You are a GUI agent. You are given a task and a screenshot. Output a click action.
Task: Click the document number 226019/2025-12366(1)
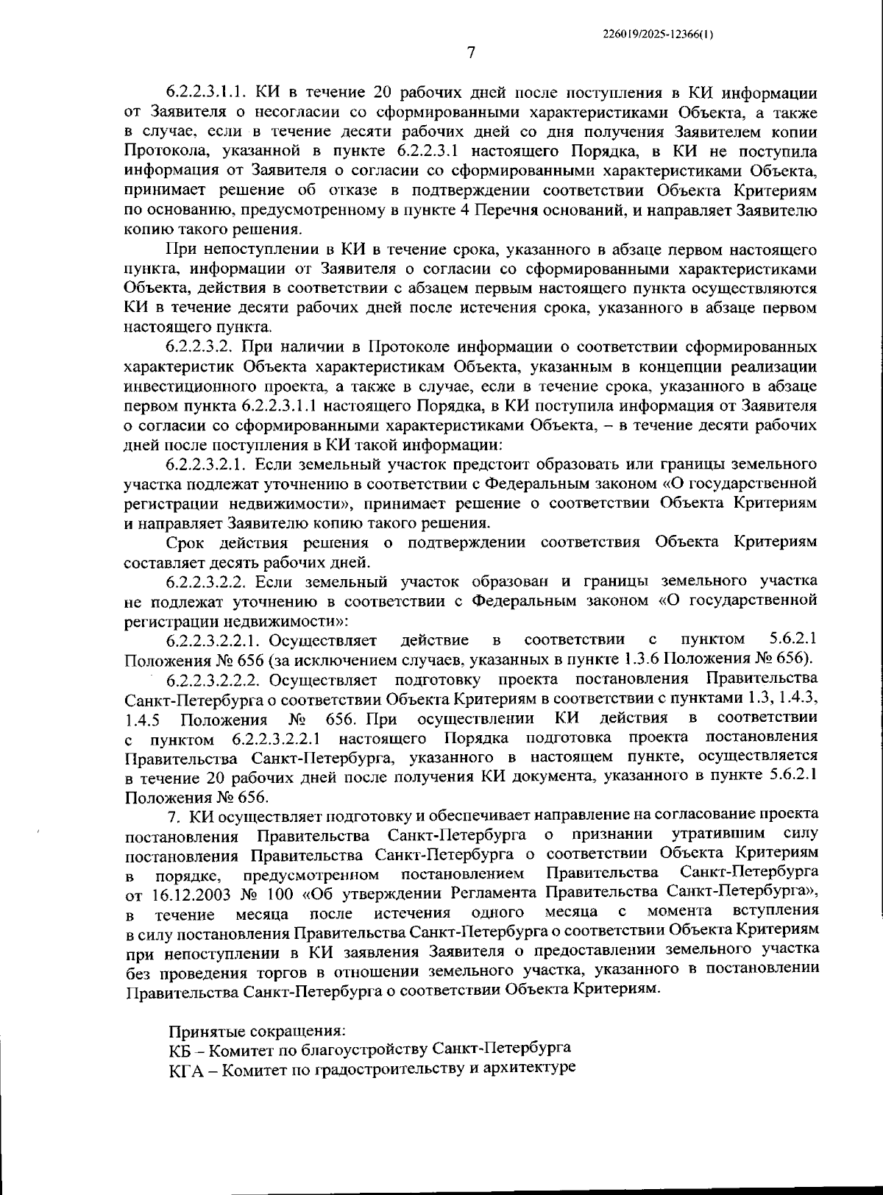[657, 34]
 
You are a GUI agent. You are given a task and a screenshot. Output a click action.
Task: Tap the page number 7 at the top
[471, 52]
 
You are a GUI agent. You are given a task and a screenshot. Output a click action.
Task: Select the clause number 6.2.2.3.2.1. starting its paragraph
[210, 464]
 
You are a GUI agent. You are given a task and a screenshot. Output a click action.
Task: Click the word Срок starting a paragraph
[187, 543]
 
